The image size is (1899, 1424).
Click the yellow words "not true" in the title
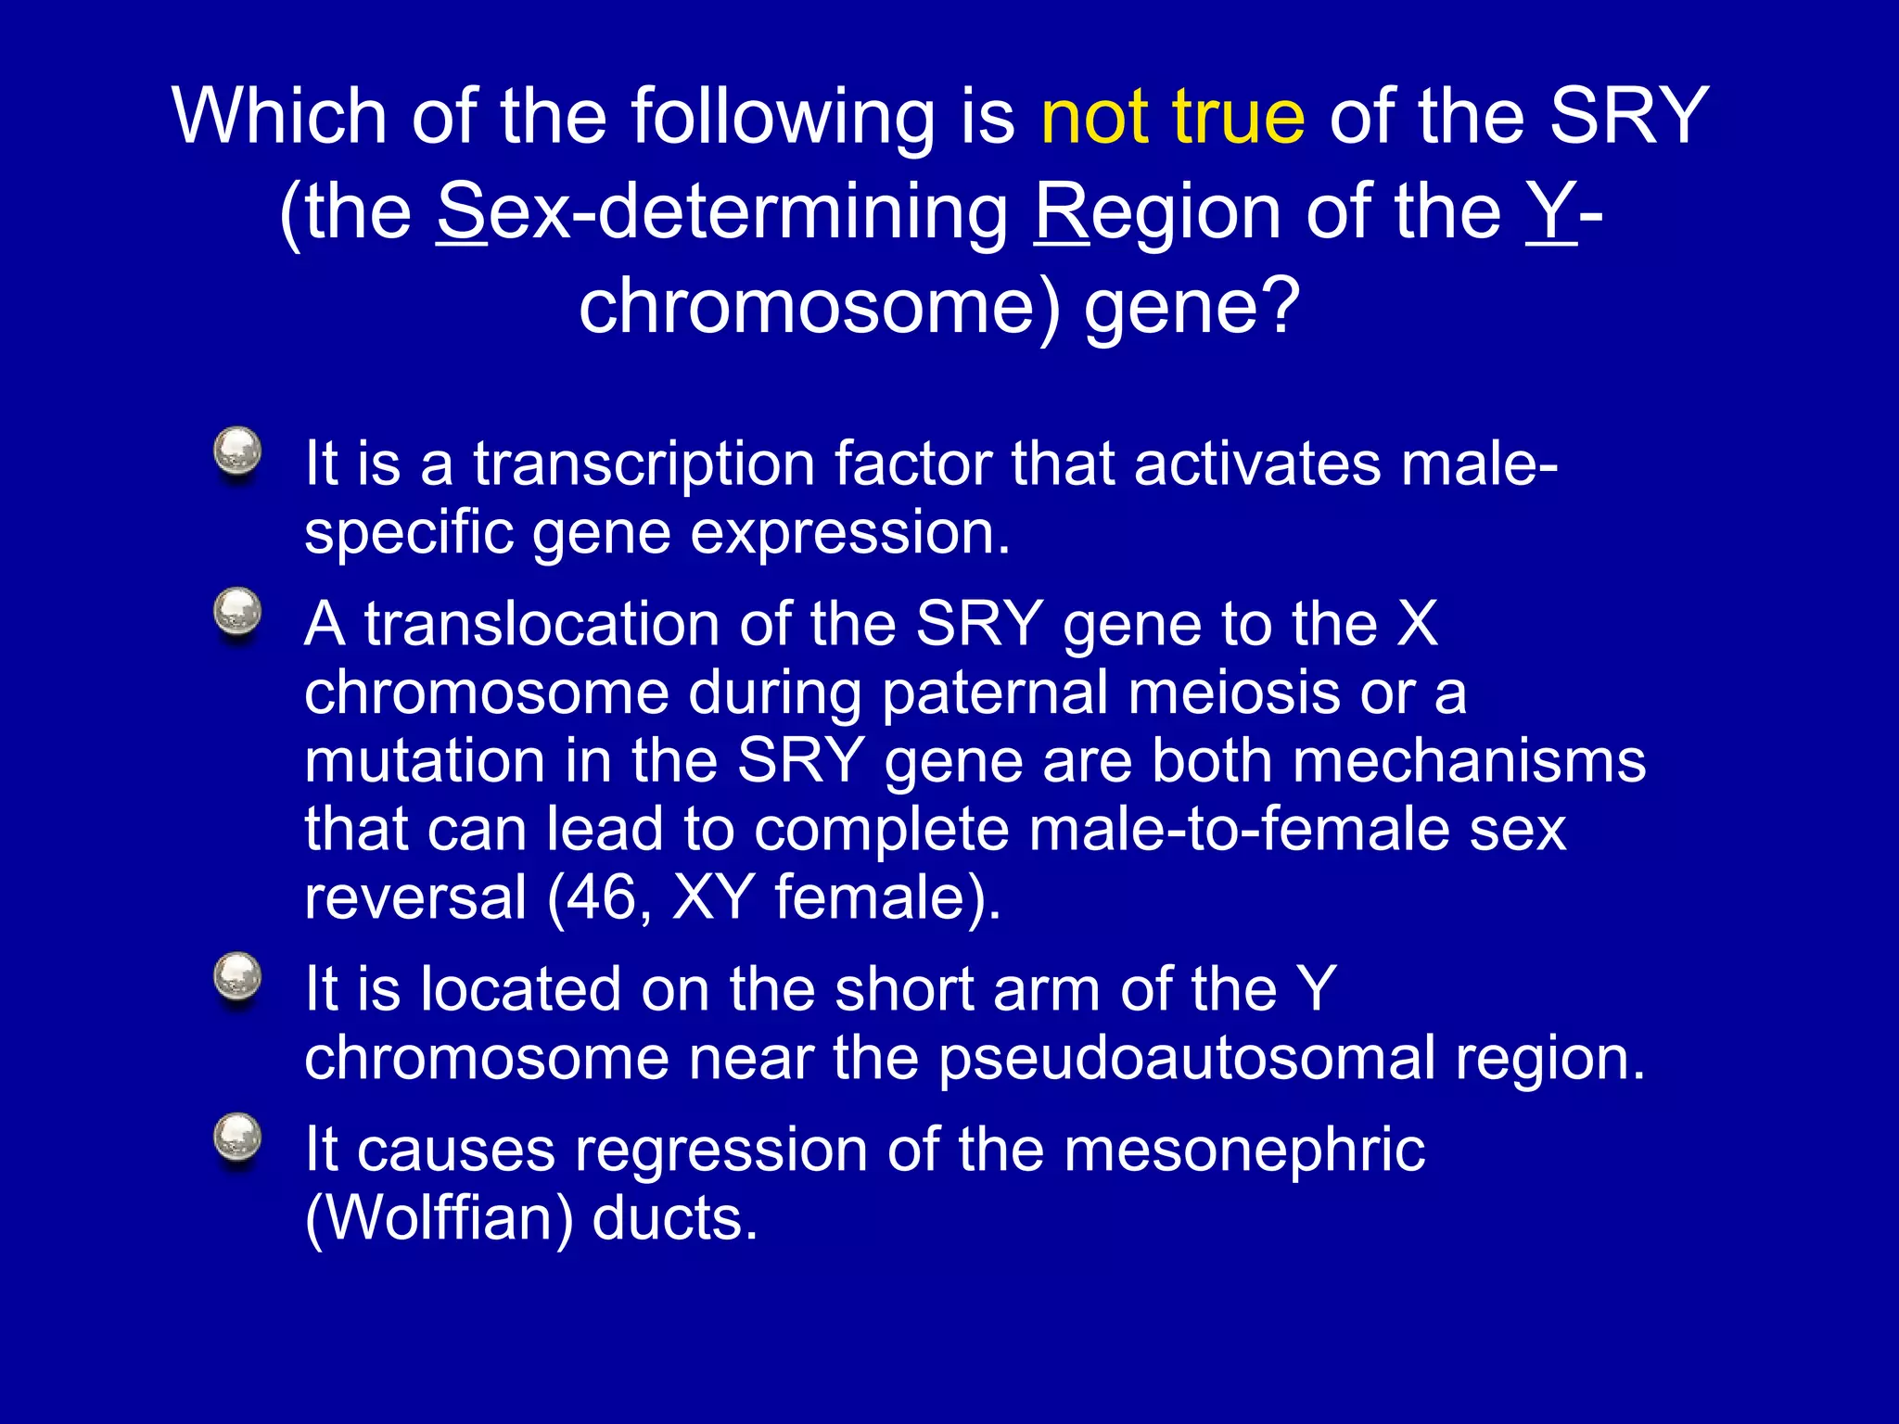[x=1172, y=117]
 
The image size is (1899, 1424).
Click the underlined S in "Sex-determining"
[x=461, y=212]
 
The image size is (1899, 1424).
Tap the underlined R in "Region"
[x=1062, y=212]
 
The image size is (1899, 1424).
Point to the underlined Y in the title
[x=1550, y=212]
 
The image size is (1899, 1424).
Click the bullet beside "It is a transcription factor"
[x=237, y=453]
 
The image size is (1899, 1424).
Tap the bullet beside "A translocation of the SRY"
[x=237, y=614]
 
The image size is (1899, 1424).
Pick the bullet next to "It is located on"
[x=237, y=978]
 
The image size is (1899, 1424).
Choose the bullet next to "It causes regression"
[x=237, y=1138]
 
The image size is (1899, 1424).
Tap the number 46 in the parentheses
[x=600, y=897]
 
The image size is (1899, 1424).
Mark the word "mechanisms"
[x=1469, y=761]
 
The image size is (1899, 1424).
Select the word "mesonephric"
[x=1243, y=1150]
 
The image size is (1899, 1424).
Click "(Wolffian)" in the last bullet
[x=439, y=1219]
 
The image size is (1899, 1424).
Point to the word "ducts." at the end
[x=675, y=1219]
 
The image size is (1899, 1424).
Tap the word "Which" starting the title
[x=279, y=117]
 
